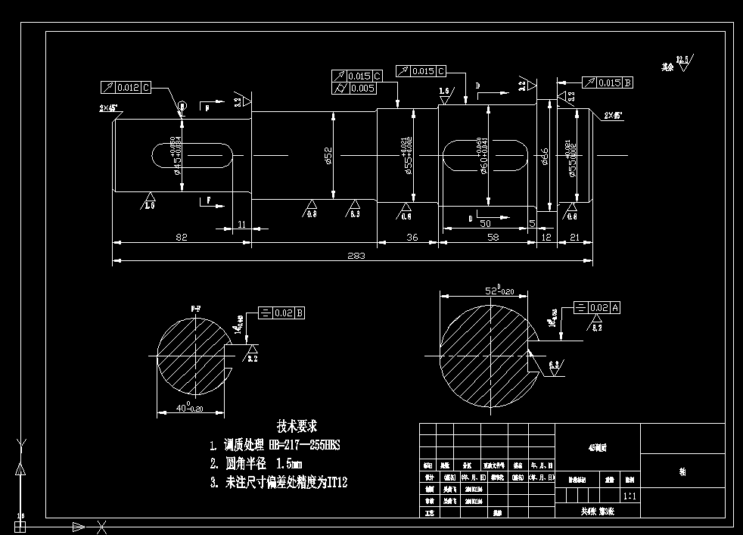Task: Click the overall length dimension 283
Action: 356,256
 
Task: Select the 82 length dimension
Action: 182,237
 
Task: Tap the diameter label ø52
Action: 329,155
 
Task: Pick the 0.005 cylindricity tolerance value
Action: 363,89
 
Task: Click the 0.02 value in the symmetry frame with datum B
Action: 284,312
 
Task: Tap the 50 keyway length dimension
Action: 485,224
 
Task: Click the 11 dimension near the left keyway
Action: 242,224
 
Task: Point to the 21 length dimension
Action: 574,237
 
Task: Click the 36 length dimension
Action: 412,237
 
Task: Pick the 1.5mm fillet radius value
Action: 290,463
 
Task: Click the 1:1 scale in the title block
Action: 629,496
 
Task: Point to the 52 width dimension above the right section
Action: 494,290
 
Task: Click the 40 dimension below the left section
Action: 169,408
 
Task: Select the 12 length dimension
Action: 547,237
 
